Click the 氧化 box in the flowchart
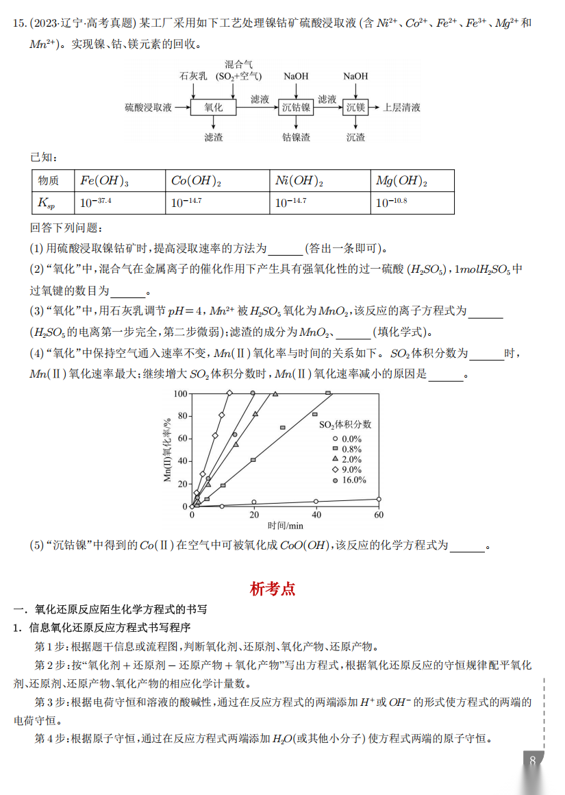point(214,108)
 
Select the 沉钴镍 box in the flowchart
point(296,108)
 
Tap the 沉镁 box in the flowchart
point(355,108)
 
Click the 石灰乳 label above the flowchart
point(193,77)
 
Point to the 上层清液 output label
point(401,108)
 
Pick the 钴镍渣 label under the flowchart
point(296,138)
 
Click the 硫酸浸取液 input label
point(148,108)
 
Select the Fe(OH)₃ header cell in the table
point(104,181)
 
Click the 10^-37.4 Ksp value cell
point(96,203)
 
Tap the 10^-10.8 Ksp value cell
point(392,203)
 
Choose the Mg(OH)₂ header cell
point(401,181)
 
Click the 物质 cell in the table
point(49,181)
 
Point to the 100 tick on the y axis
point(180,393)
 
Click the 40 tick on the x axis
point(316,515)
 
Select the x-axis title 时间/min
point(286,526)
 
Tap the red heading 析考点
point(273,588)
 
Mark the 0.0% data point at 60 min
point(379,499)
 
